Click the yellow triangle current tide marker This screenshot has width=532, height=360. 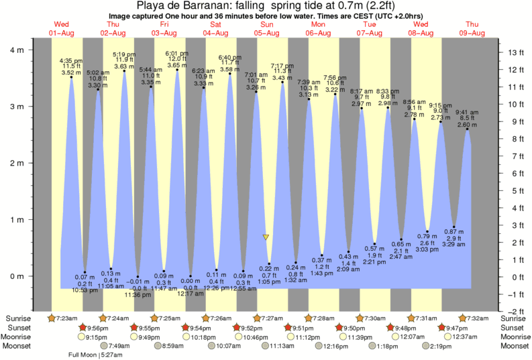click(x=266, y=237)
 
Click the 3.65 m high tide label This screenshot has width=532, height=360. click(x=177, y=66)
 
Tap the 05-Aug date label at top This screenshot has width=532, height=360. click(x=266, y=32)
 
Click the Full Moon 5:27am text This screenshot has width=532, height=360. click(x=96, y=355)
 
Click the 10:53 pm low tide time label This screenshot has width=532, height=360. click(x=85, y=290)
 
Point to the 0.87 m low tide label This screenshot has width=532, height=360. click(x=454, y=231)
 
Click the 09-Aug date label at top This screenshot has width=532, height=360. click(x=472, y=32)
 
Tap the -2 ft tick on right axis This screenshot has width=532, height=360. click(x=514, y=311)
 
